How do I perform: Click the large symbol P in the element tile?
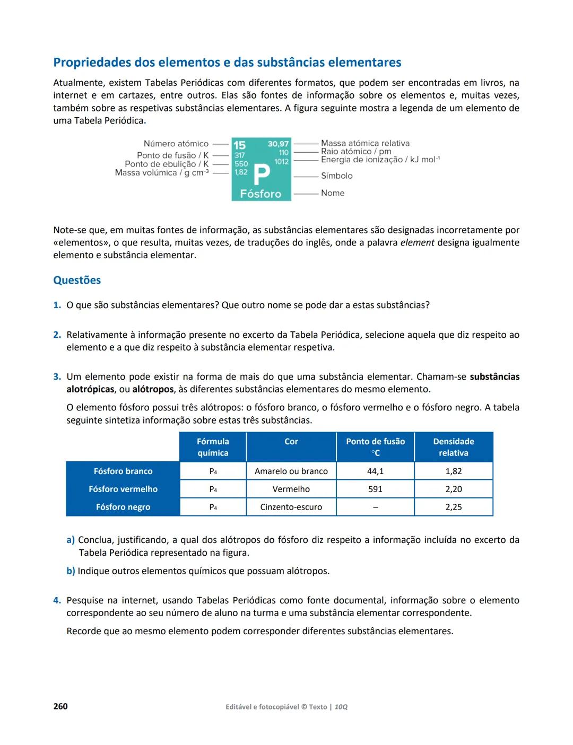[x=262, y=173]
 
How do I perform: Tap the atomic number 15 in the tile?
[x=239, y=145]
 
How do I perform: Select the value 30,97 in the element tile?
[x=278, y=144]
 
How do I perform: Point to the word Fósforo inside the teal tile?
[x=261, y=194]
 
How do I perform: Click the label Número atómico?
[x=176, y=144]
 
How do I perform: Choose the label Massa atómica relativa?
[x=365, y=143]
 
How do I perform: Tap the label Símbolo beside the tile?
[x=336, y=176]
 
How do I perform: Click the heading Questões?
[x=77, y=280]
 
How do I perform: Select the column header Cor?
[x=291, y=441]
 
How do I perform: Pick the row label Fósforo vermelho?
[x=123, y=489]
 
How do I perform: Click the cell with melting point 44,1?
[x=375, y=471]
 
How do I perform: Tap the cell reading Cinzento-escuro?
[x=291, y=507]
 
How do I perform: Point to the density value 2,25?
[x=454, y=507]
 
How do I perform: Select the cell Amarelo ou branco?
[x=291, y=471]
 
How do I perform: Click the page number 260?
[x=60, y=706]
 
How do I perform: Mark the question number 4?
[x=57, y=600]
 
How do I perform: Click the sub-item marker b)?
[x=71, y=571]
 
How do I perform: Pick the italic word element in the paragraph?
[x=417, y=242]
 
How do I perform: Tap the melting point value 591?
[x=375, y=489]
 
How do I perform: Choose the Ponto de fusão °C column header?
[x=375, y=447]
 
